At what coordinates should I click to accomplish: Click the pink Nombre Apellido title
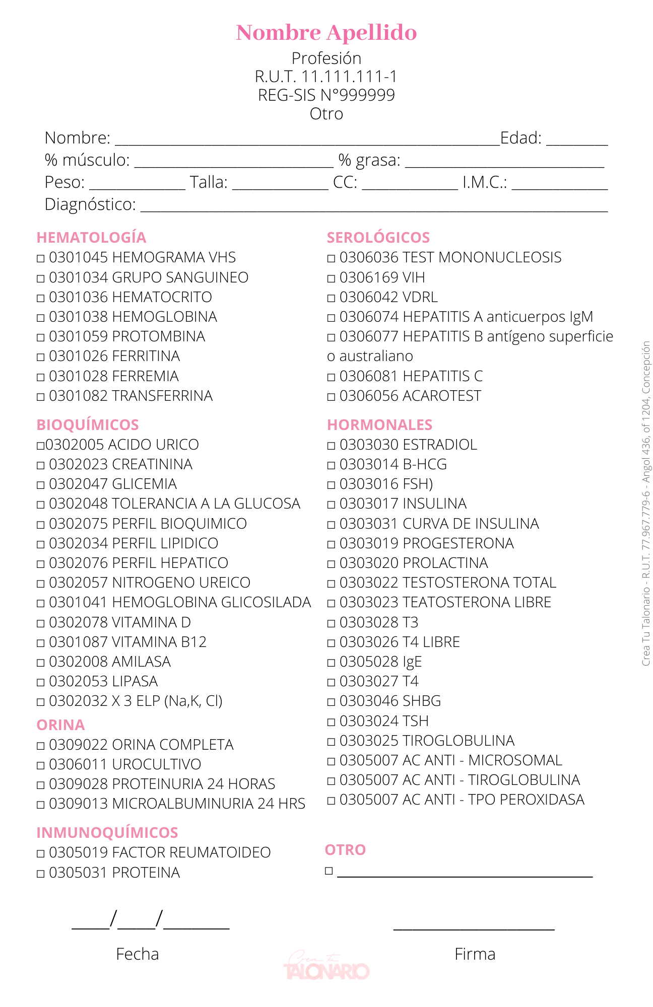[326, 33]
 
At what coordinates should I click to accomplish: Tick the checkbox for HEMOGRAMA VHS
[41, 259]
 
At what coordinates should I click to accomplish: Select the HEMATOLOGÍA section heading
[91, 238]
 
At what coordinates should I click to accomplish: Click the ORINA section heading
[60, 725]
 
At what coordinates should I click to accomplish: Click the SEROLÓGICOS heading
[378, 238]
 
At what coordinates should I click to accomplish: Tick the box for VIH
[331, 278]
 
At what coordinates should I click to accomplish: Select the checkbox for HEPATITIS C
[331, 377]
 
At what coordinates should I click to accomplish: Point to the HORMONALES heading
[379, 425]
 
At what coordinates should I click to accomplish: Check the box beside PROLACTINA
[331, 564]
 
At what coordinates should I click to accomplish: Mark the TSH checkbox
[331, 722]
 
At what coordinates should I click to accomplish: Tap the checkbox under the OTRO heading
[329, 871]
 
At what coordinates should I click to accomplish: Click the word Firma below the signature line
[475, 954]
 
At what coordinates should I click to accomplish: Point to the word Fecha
[137, 954]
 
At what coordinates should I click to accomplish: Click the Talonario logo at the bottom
[326, 967]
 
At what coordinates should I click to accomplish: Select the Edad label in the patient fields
[520, 138]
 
